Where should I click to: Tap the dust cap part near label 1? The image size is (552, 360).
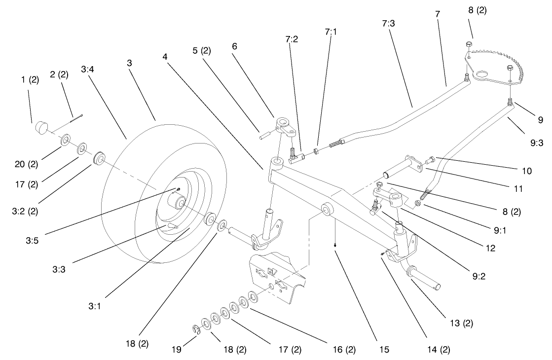click(42, 129)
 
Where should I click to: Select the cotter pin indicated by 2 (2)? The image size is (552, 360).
click(76, 117)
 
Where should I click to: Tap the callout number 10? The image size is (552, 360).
click(527, 171)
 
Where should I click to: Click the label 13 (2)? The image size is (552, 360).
click(462, 324)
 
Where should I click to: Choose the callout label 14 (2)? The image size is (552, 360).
click(439, 350)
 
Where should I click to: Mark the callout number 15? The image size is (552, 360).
click(384, 350)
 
